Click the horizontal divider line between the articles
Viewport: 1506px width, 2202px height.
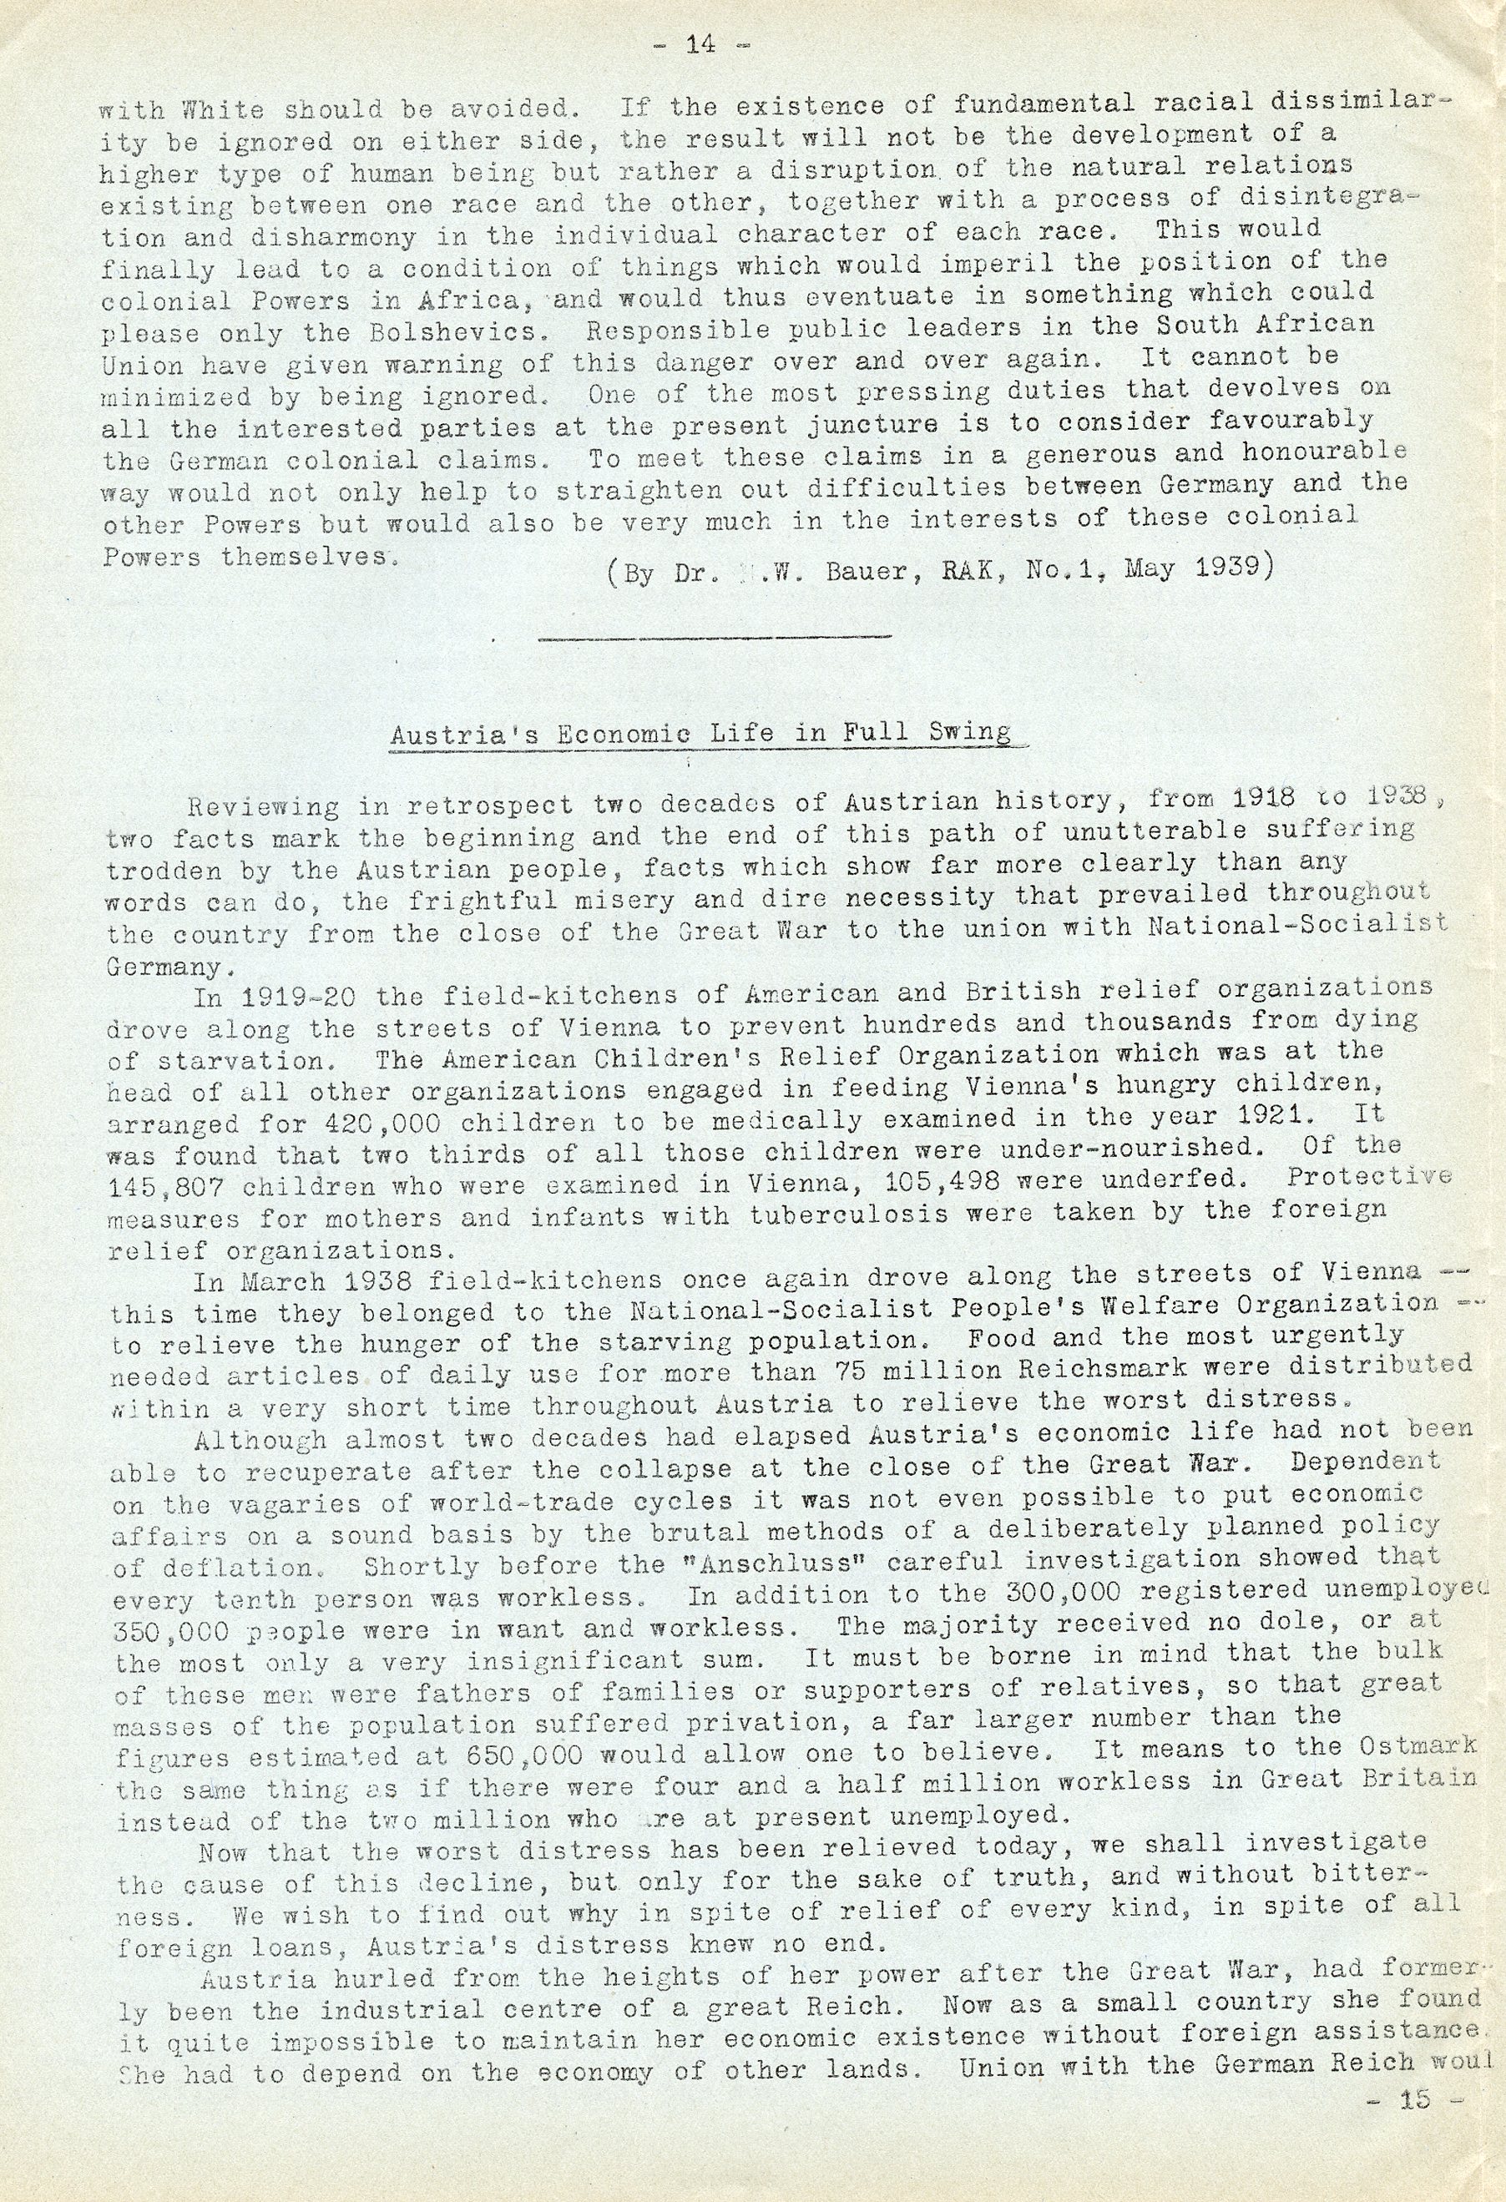715,638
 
